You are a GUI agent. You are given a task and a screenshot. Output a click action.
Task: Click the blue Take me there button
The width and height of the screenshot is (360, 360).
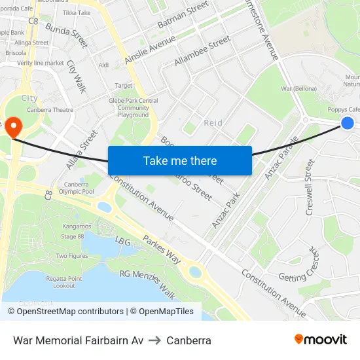(179, 160)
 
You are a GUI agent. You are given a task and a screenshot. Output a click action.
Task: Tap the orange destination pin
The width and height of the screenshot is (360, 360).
(13, 124)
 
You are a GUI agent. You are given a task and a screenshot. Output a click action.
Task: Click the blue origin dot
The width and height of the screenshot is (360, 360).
(348, 122)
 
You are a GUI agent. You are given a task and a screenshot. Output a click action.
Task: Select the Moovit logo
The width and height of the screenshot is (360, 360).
(320, 340)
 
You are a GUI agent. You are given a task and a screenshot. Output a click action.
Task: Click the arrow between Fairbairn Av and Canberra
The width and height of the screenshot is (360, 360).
(155, 340)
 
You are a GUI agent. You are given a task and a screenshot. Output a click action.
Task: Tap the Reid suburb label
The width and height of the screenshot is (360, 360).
(213, 122)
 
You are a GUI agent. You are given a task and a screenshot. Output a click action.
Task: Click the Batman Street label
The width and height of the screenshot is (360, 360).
(183, 14)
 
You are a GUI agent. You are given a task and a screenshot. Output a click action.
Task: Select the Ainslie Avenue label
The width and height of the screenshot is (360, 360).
(150, 48)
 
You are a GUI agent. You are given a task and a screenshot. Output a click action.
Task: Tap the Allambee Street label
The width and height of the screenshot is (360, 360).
(202, 50)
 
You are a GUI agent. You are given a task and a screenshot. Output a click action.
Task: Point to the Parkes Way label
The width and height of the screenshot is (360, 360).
(162, 249)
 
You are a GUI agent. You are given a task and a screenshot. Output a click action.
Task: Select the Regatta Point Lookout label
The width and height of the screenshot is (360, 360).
(68, 282)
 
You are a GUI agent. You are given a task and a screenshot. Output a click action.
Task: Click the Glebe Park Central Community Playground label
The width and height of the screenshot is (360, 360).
(134, 108)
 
